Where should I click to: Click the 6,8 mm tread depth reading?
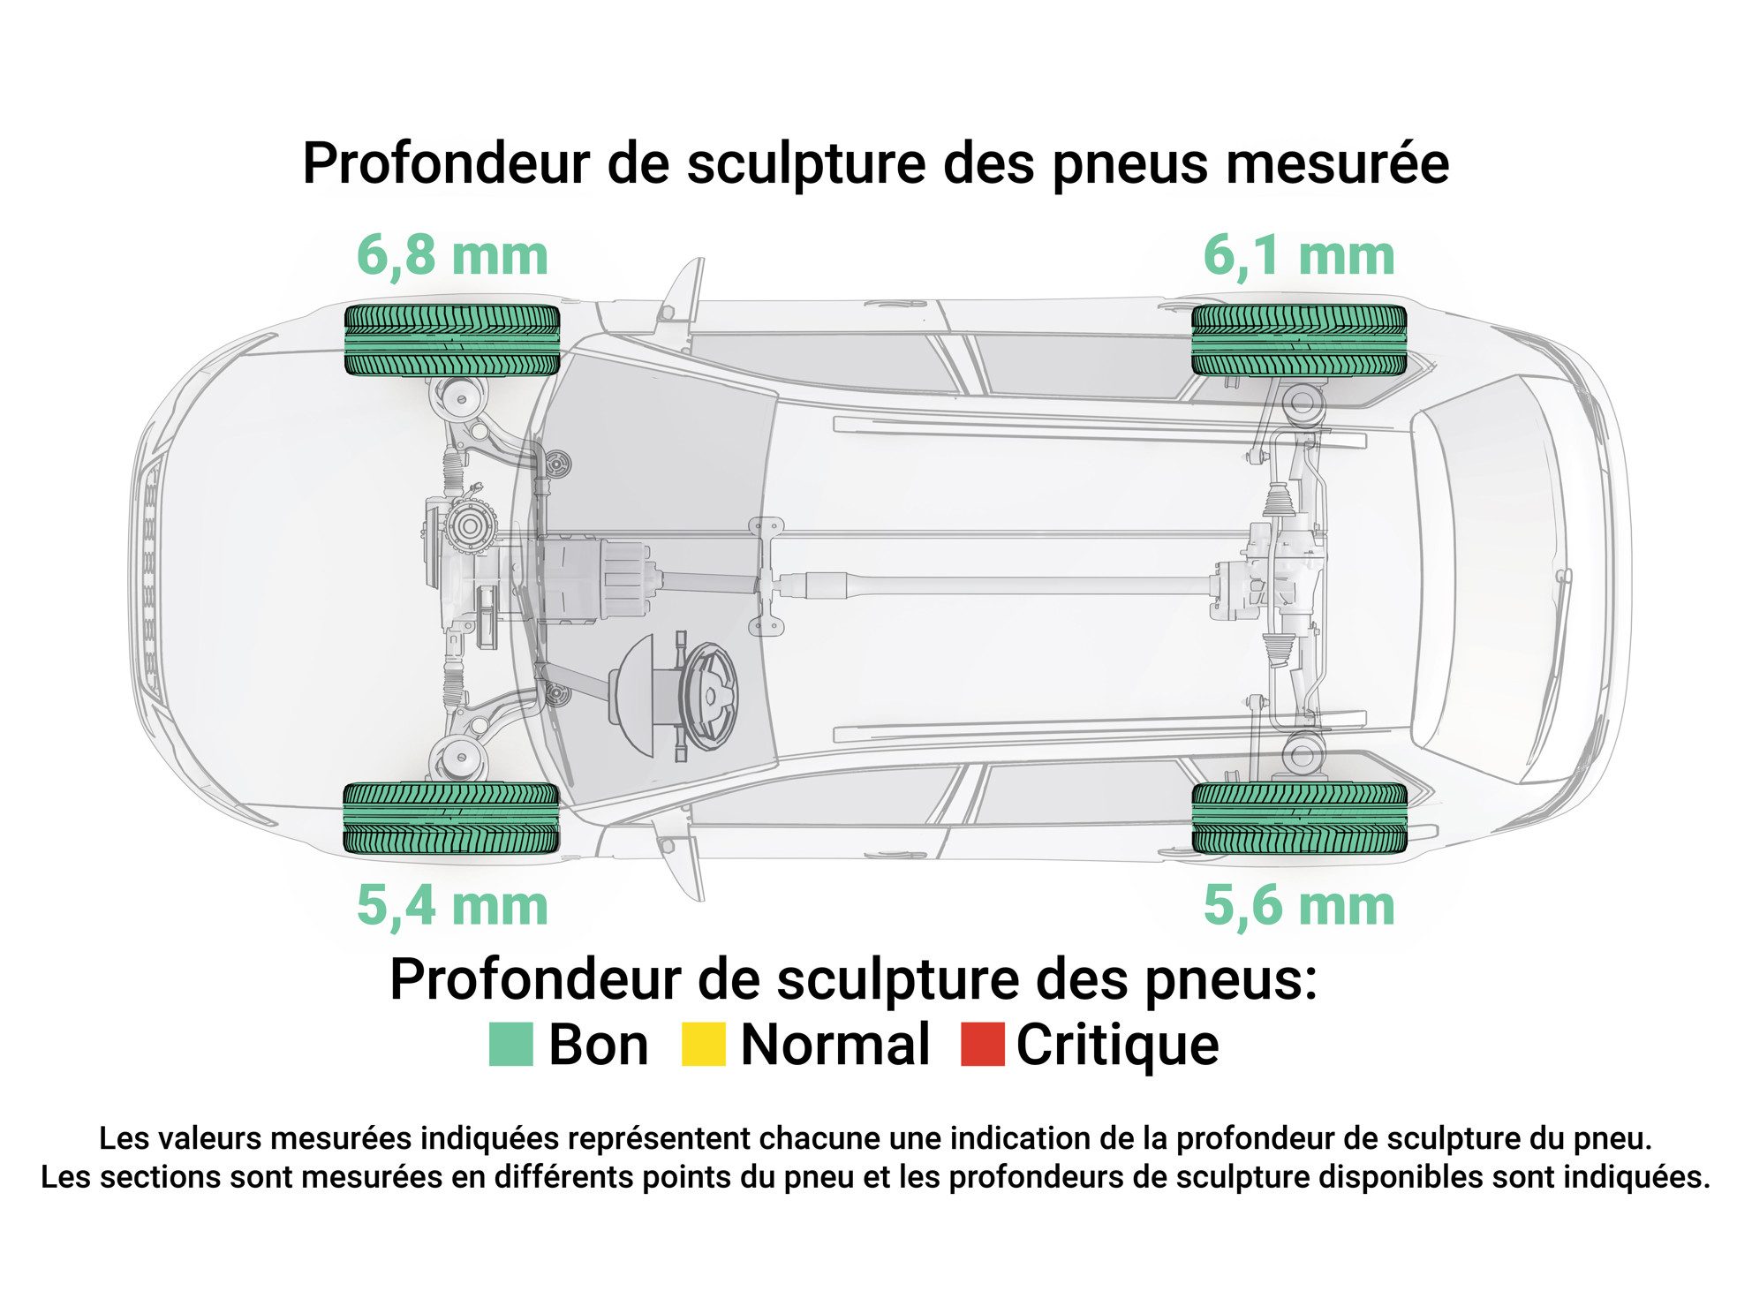tap(452, 256)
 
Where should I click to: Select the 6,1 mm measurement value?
tap(1299, 256)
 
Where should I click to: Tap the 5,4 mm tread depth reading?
tap(452, 906)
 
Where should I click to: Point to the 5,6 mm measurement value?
tap(1299, 906)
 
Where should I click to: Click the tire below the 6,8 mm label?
tap(452, 340)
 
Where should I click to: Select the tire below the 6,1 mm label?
tap(1299, 340)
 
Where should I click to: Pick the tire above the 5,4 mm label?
tap(452, 819)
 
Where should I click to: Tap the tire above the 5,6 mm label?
tap(1299, 819)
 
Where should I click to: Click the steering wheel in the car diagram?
tap(708, 696)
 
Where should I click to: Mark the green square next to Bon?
tap(511, 1045)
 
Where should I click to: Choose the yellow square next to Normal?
tap(704, 1045)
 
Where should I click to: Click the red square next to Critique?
tap(983, 1045)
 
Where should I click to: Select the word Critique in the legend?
tap(1118, 1046)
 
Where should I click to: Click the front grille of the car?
tap(150, 578)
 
